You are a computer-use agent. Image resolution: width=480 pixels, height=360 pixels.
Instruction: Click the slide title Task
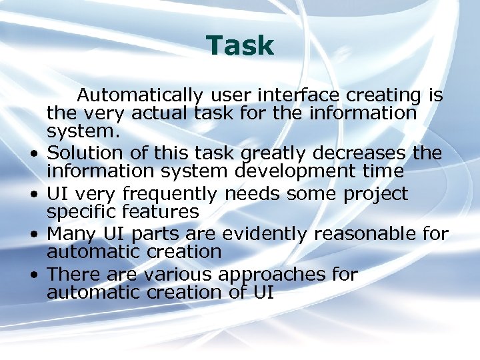(240, 46)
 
